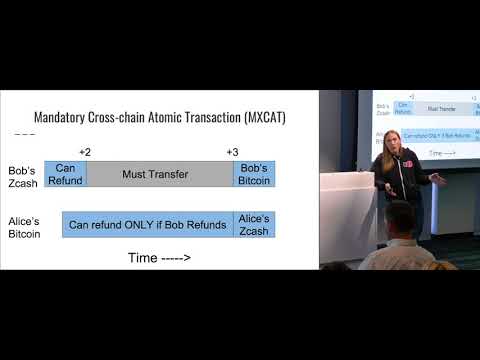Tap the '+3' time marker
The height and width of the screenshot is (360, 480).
[x=232, y=151]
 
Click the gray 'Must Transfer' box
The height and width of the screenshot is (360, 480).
[x=160, y=173]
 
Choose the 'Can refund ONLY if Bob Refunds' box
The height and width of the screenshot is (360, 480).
[x=147, y=224]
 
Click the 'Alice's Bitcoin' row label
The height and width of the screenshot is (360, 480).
[x=23, y=225]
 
